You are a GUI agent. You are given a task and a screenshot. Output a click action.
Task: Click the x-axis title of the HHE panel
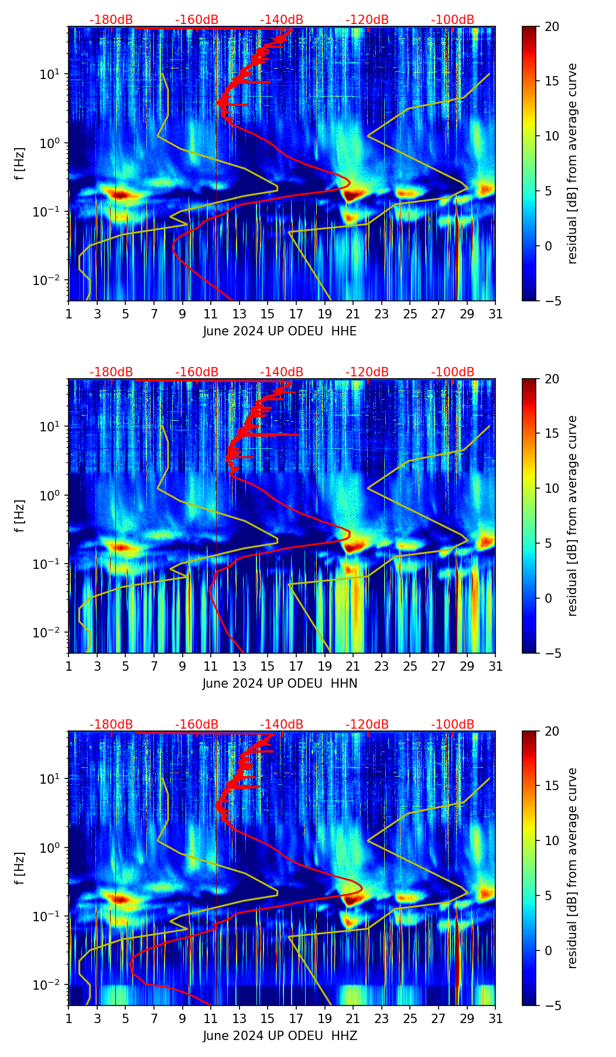point(280,331)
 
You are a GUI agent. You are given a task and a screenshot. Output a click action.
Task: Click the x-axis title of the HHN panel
point(280,684)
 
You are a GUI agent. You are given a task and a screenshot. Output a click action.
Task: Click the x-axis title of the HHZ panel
point(280,1036)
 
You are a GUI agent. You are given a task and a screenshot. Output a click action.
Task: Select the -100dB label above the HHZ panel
point(453,725)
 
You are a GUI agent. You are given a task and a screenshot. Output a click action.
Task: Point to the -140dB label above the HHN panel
point(282,372)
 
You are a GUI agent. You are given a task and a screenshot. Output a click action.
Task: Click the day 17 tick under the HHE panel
point(296,314)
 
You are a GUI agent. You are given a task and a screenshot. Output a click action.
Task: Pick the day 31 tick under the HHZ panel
point(495,1019)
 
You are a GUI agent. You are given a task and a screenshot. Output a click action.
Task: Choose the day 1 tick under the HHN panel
point(69,667)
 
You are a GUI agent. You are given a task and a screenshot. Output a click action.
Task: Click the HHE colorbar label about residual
point(572,163)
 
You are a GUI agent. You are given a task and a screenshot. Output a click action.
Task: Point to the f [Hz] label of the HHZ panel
point(20,869)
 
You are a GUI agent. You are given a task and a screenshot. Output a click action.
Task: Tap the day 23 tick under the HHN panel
point(381,667)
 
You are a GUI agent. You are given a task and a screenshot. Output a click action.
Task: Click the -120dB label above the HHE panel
point(367,20)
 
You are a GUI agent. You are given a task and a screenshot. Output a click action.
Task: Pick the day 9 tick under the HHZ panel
point(182,1019)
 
